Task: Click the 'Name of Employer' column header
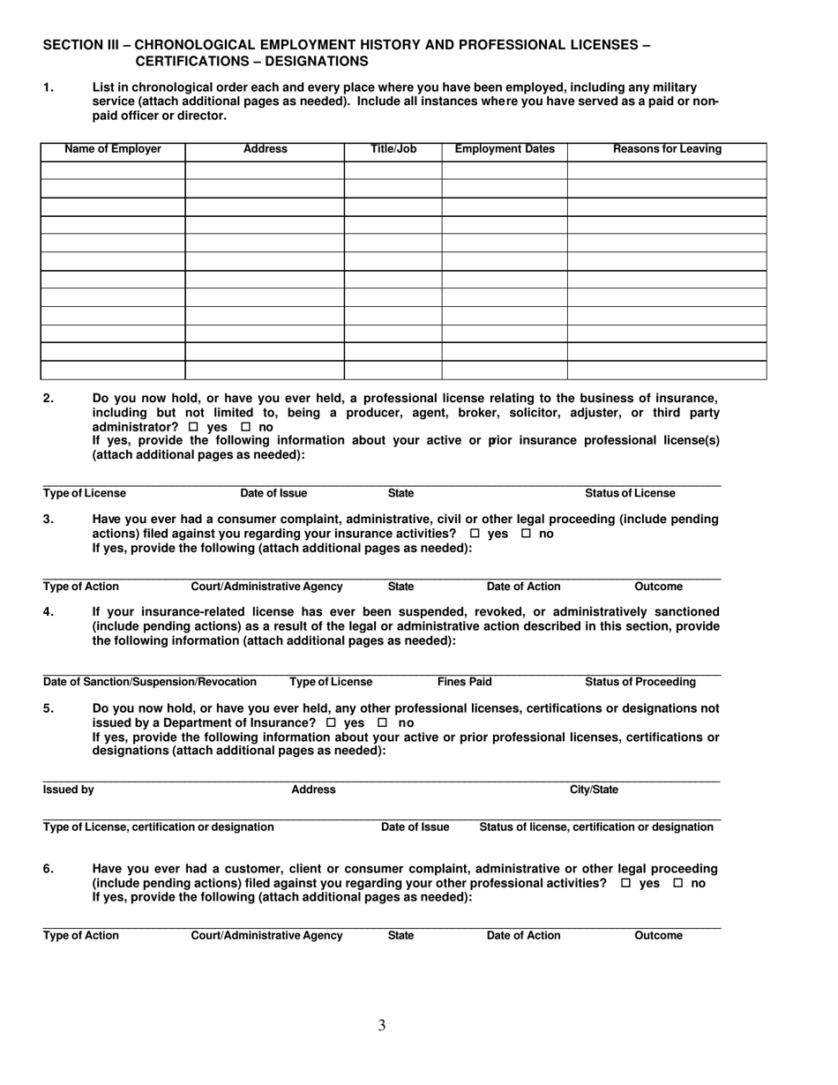(113, 149)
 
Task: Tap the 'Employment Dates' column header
(505, 149)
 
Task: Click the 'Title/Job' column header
(393, 149)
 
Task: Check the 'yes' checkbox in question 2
(193, 428)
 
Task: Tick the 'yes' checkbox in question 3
(475, 535)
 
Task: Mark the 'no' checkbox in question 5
(385, 723)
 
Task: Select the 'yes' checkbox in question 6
(625, 884)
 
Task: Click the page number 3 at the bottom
(381, 1025)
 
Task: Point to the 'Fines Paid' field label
(465, 682)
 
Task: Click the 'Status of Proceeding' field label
(640, 682)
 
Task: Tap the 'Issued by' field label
(69, 790)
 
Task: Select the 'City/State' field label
(594, 790)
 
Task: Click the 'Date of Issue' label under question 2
(273, 493)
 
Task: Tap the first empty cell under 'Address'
(264, 170)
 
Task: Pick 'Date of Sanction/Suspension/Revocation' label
(150, 682)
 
